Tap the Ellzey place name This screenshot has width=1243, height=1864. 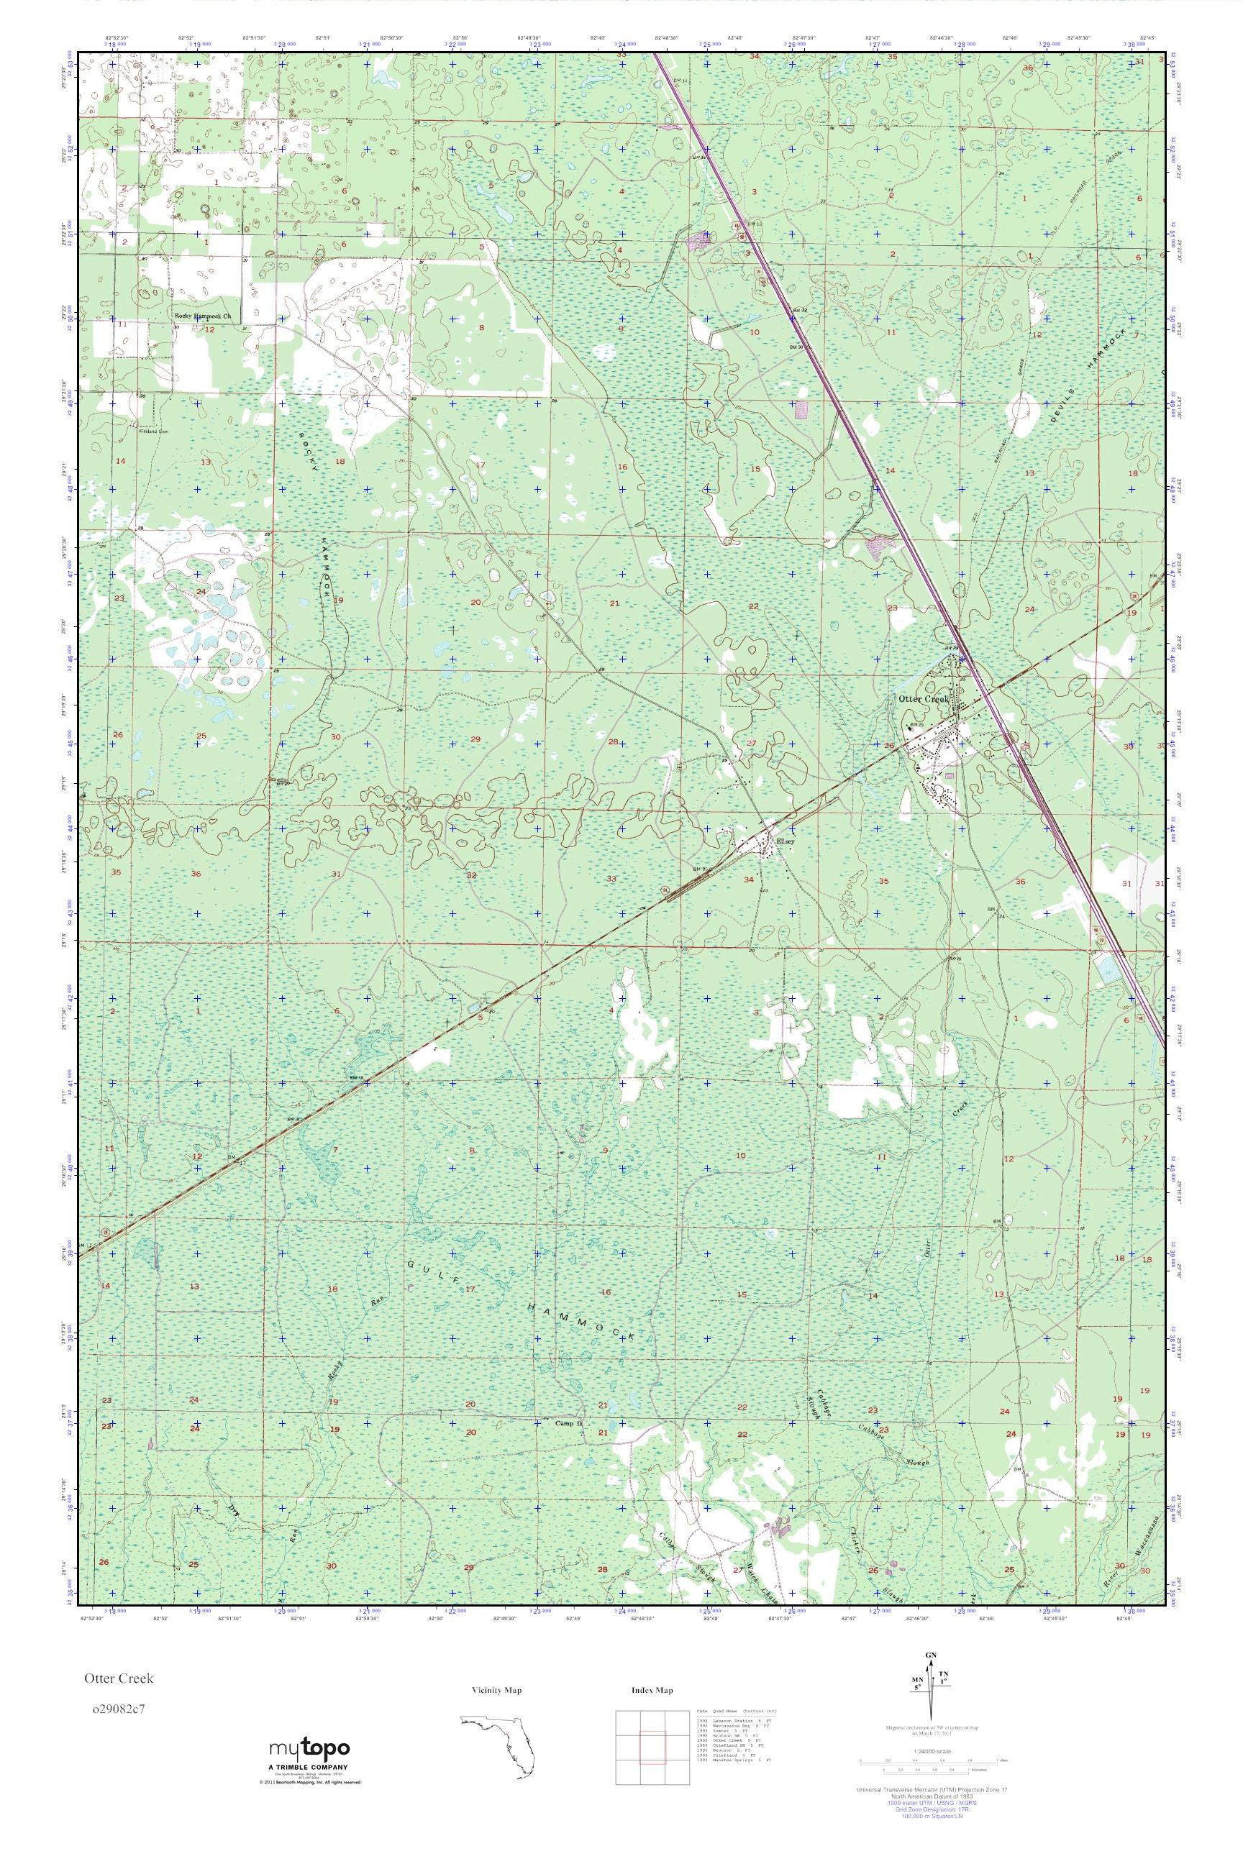coord(783,844)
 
